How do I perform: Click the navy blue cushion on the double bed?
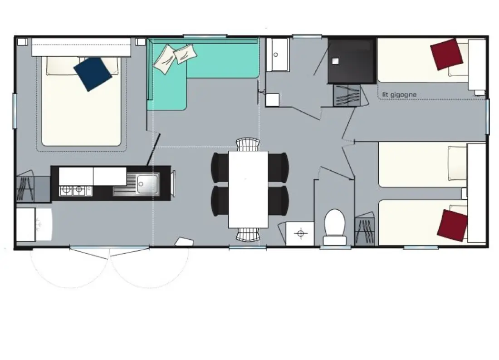[x=93, y=74]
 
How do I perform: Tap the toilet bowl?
[x=335, y=222]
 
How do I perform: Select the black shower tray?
[x=352, y=61]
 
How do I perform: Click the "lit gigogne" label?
[x=399, y=94]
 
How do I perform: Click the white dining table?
[x=248, y=189]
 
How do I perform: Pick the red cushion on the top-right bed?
[x=446, y=54]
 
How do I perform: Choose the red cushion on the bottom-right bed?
[x=452, y=225]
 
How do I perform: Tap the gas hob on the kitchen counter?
[x=76, y=191]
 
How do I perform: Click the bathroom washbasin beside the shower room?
[x=278, y=55]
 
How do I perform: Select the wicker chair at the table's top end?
[x=248, y=144]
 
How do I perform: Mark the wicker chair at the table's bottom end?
[x=248, y=235]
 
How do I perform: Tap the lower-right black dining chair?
[x=279, y=200]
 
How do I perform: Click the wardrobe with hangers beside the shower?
[x=347, y=95]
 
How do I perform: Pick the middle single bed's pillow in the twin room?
[x=457, y=163]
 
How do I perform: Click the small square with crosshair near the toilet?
[x=300, y=234]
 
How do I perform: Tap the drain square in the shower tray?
[x=335, y=61]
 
